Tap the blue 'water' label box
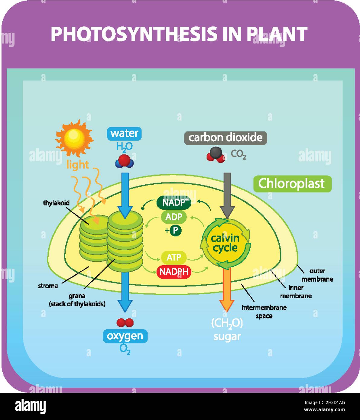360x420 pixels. click(x=124, y=133)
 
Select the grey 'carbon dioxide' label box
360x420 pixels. click(x=225, y=138)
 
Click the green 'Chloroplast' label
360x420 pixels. click(x=292, y=184)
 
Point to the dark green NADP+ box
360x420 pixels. click(x=174, y=202)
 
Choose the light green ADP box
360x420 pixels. click(x=174, y=217)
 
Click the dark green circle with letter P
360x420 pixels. click(x=176, y=231)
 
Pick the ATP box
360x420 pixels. click(x=174, y=257)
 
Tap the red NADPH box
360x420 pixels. click(x=174, y=272)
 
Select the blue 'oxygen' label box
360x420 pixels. click(x=125, y=336)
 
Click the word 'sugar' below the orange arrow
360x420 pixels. click(x=227, y=336)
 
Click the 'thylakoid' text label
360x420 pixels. click(x=56, y=203)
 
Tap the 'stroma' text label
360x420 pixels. click(x=48, y=286)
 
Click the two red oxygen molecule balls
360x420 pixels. click(x=125, y=323)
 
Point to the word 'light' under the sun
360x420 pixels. click(x=78, y=165)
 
